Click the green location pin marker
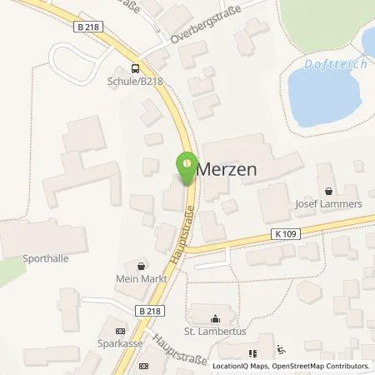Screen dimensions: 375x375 [187, 164]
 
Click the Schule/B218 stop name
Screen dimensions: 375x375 [136, 82]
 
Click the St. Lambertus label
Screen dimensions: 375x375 [216, 331]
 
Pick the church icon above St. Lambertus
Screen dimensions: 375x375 [216, 318]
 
